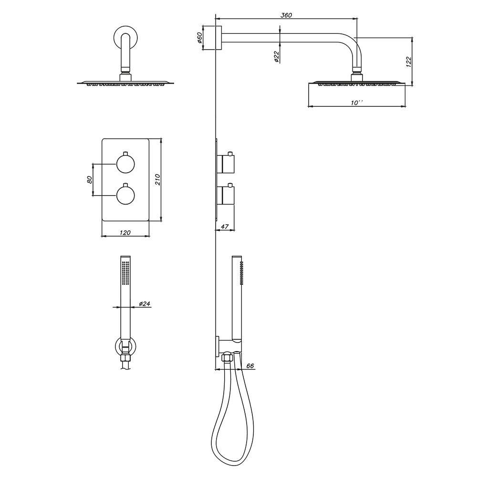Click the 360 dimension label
point(286,15)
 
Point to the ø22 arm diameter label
point(276,57)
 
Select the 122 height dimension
point(409,62)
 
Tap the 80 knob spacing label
point(89,179)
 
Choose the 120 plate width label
point(125,233)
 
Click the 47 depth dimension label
point(225,227)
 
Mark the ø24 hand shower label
point(145,303)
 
